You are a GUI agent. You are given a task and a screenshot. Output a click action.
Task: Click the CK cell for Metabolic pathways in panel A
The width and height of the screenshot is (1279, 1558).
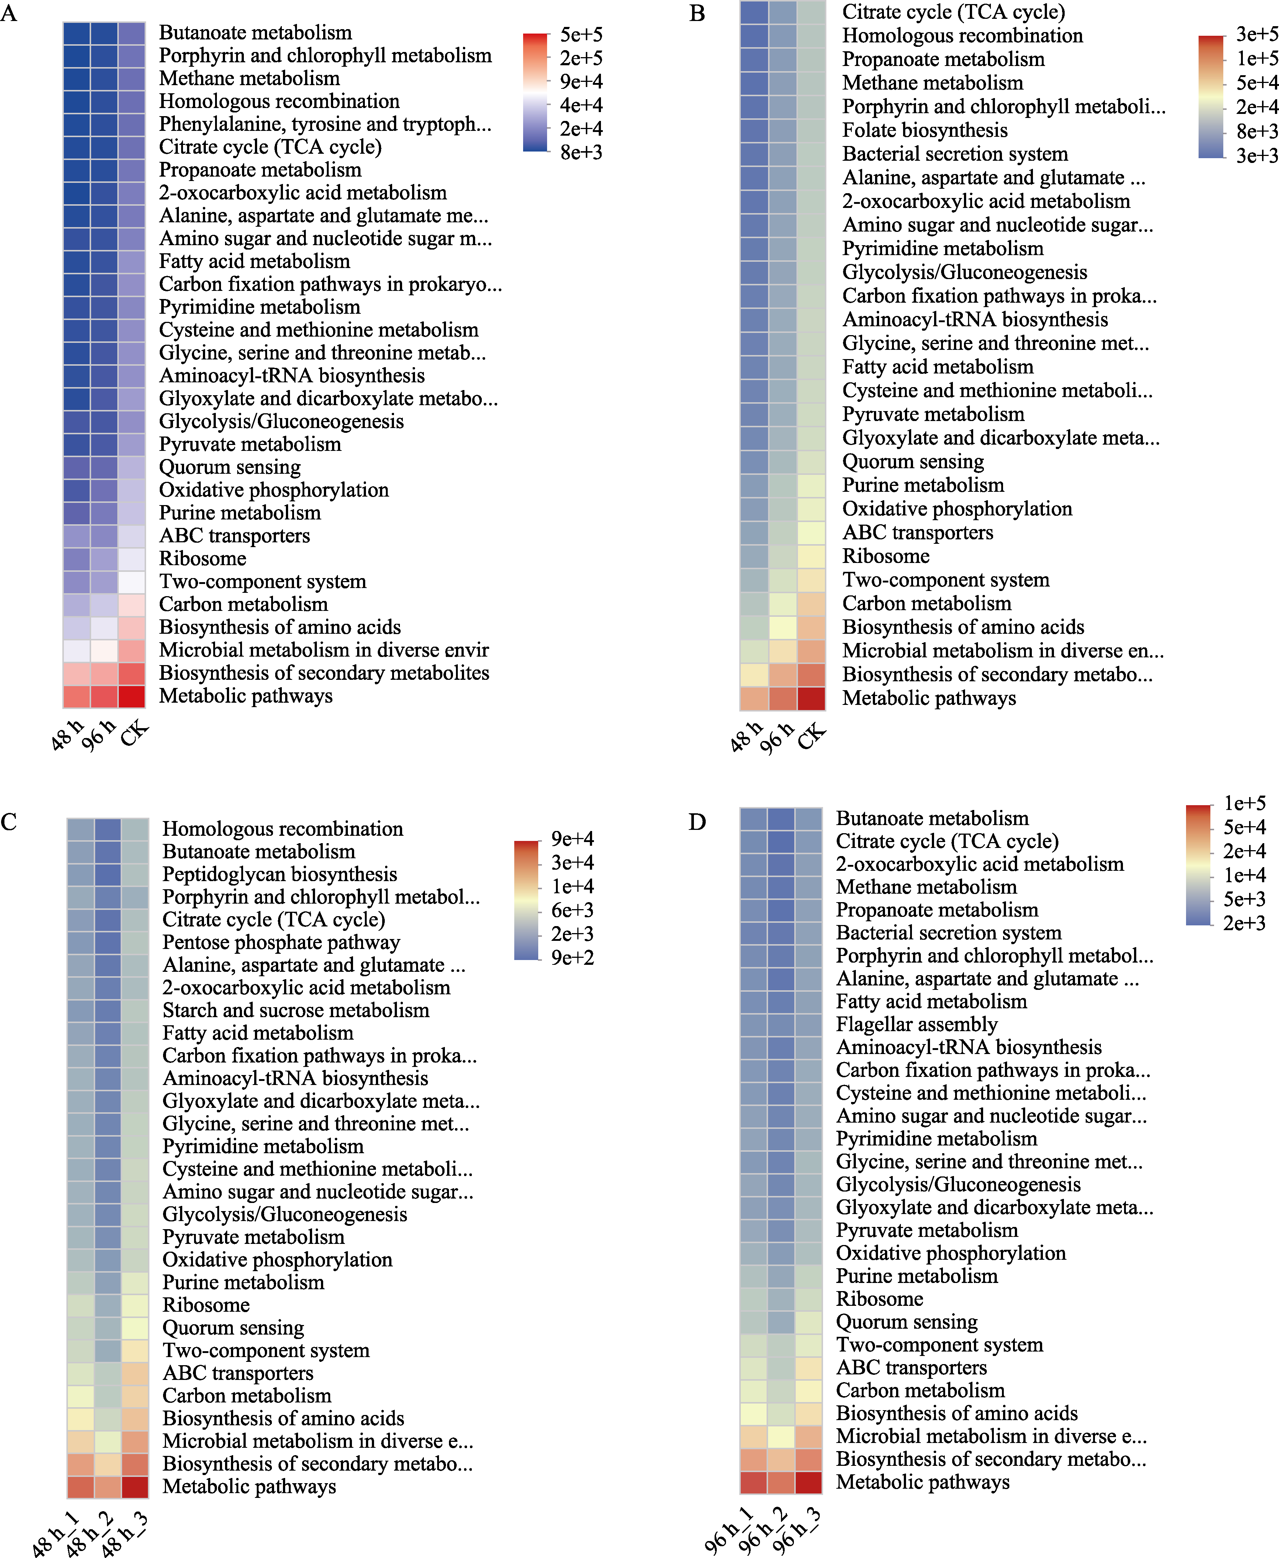click(x=132, y=696)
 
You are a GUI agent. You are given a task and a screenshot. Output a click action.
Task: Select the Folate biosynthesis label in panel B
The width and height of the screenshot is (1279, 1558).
click(x=924, y=130)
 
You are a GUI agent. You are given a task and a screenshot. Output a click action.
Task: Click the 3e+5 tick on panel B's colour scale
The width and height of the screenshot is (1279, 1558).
click(x=1256, y=34)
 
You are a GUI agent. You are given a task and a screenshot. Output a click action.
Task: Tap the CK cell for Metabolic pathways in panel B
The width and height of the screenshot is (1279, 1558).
click(x=811, y=698)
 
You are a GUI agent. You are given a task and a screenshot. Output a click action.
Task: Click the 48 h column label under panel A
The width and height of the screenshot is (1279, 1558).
click(x=67, y=735)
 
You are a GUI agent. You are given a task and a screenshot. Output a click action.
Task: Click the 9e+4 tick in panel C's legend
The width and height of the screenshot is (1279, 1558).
click(x=573, y=839)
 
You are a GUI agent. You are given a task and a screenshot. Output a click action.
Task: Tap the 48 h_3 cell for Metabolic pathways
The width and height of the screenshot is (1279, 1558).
click(x=135, y=1486)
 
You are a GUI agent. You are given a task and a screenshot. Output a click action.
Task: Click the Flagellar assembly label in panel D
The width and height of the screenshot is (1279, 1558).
click(x=916, y=1024)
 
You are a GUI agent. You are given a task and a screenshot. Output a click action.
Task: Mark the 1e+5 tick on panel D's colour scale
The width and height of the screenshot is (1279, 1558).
click(x=1244, y=803)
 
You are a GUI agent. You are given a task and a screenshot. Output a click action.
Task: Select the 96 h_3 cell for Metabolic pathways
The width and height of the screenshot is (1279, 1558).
click(x=808, y=1482)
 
